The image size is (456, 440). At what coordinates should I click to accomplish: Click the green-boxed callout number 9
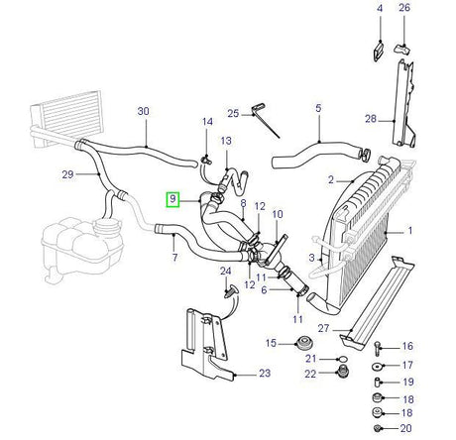coord(172,199)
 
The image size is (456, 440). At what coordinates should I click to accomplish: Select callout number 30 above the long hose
coord(144,112)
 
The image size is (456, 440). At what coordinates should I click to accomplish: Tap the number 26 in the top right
coord(403,9)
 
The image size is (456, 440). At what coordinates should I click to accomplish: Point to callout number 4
coord(379,9)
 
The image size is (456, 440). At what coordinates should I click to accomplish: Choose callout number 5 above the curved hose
coord(318,112)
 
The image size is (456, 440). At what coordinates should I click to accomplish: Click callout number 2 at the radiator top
coord(331,179)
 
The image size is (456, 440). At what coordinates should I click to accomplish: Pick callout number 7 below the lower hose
coord(174,259)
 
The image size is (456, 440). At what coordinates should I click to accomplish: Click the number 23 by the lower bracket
coord(264,374)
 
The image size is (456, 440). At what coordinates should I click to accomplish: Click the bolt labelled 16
coord(380,347)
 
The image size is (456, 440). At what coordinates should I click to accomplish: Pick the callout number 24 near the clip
coord(225,270)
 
